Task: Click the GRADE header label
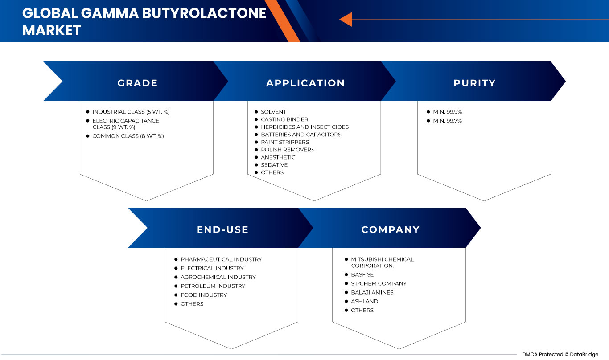[x=137, y=83]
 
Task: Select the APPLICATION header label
[x=305, y=83]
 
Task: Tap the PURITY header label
[x=475, y=83]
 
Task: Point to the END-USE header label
[x=222, y=229]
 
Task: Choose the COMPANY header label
[x=391, y=229]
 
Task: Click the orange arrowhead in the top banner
[x=346, y=19]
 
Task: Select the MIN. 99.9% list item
[x=447, y=112]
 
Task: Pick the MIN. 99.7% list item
[x=447, y=121]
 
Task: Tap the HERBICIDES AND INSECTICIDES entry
[x=304, y=127]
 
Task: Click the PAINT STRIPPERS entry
[x=285, y=142]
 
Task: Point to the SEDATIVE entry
[x=274, y=165]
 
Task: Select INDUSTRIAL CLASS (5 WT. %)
[x=131, y=112]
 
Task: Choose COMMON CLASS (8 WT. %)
[x=128, y=136]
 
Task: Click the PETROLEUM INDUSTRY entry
[x=213, y=286]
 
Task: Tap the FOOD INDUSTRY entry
[x=204, y=295]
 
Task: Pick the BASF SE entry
[x=362, y=275]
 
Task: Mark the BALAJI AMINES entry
[x=372, y=293]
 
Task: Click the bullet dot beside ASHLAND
[x=346, y=301]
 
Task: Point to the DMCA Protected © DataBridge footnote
[x=560, y=354]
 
